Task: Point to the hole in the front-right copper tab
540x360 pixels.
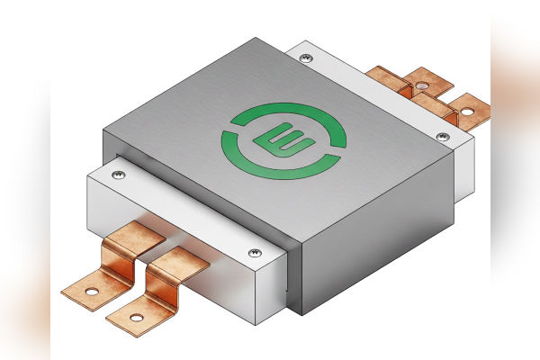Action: click(137, 317)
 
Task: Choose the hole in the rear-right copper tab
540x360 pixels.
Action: click(466, 113)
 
